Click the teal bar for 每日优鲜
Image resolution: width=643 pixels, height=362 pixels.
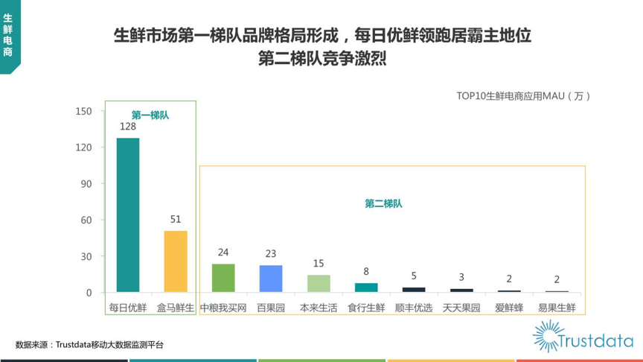point(128,215)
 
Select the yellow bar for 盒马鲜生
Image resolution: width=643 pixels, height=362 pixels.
point(176,261)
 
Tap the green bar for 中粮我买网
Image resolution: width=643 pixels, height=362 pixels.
point(223,278)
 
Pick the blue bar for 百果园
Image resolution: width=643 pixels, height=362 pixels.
point(271,279)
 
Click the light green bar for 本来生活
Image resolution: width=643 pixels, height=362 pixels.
point(319,284)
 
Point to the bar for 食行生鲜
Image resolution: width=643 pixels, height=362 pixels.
point(366,288)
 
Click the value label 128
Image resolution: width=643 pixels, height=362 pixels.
point(128,127)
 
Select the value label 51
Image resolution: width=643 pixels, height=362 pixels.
point(176,220)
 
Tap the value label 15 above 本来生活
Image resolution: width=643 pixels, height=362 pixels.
point(319,264)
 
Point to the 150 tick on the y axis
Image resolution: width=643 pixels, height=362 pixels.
point(83,111)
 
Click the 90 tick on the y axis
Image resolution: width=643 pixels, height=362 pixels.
point(86,184)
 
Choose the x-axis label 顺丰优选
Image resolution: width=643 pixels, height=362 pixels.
point(414,308)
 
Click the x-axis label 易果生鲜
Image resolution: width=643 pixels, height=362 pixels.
point(557,308)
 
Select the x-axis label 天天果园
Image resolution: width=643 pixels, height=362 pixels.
point(461,308)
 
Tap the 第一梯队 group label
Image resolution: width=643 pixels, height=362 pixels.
point(150,115)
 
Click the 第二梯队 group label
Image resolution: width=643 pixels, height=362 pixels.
point(383,203)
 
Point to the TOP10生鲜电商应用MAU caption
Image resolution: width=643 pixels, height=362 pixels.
point(523,96)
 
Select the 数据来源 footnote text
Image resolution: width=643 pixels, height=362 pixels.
point(89,345)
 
